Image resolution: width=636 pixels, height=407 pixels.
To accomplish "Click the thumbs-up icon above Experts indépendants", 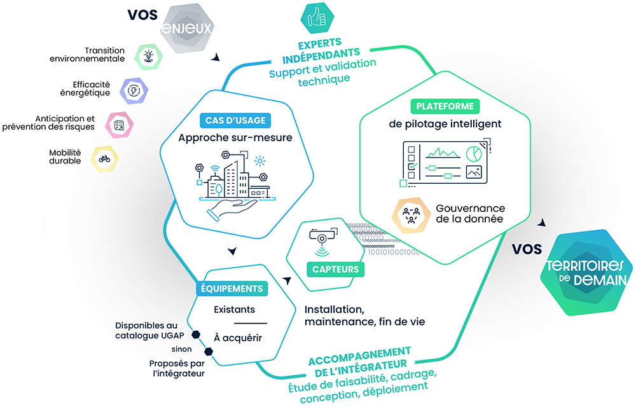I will pyautogui.click(x=315, y=18).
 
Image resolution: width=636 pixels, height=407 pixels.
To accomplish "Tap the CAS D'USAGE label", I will pyautogui.click(x=235, y=120).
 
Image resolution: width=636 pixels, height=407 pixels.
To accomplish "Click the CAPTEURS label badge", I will pyautogui.click(x=335, y=269).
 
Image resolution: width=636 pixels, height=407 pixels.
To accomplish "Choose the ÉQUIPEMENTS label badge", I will pyautogui.click(x=232, y=288).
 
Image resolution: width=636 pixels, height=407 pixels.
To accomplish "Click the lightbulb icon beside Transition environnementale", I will pyautogui.click(x=148, y=55).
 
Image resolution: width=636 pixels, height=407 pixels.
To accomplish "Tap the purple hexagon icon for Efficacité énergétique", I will pyautogui.click(x=134, y=90).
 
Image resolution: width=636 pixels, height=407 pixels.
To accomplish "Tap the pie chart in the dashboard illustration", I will pyautogui.click(x=473, y=154).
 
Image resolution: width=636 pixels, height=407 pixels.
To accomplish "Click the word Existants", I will pyautogui.click(x=235, y=310).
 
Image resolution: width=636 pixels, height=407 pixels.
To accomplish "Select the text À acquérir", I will pyautogui.click(x=237, y=338).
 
